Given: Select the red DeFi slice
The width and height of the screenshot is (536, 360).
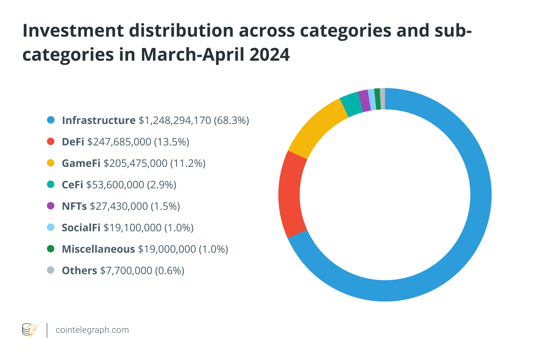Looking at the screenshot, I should [x=290, y=194].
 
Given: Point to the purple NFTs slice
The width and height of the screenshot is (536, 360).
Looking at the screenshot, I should [x=364, y=100].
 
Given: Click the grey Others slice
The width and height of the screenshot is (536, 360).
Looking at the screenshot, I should [x=383, y=99].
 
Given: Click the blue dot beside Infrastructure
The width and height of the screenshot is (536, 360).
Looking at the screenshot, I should [x=51, y=120].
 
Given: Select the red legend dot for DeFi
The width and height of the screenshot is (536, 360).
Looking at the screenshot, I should [x=51, y=141].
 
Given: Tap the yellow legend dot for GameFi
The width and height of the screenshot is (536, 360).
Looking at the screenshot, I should [x=51, y=163].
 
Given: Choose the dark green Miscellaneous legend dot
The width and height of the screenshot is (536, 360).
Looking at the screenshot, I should [x=51, y=249].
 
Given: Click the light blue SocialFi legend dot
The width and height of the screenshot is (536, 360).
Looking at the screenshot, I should [x=51, y=227].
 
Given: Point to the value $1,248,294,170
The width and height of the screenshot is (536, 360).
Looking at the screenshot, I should [x=175, y=120].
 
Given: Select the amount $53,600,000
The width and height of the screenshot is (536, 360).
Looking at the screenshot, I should [x=115, y=185].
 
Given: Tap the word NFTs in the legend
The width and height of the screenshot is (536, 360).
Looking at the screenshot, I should [x=74, y=206].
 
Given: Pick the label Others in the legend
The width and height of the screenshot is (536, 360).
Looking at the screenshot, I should [x=79, y=270].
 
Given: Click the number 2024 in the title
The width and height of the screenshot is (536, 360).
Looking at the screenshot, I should [x=269, y=55].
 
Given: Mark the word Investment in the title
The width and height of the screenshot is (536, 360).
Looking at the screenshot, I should [x=72, y=30].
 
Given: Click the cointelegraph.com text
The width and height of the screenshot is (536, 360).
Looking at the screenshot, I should [x=92, y=330].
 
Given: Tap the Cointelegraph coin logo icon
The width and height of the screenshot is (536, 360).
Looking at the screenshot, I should [x=30, y=330].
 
